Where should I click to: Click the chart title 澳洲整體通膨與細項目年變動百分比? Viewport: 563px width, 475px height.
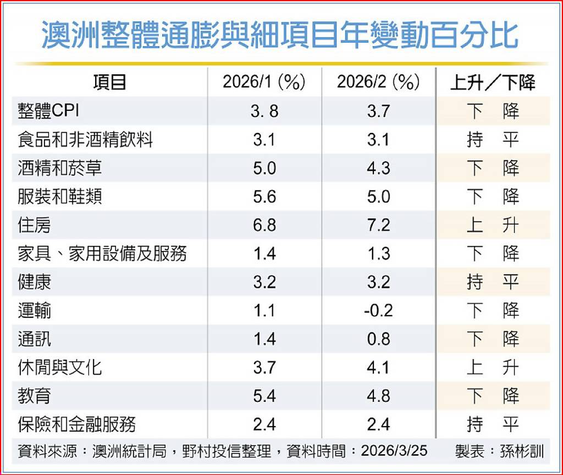(x=280, y=35)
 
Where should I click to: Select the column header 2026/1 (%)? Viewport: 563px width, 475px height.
(x=264, y=82)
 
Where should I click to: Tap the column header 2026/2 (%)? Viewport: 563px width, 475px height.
(x=378, y=82)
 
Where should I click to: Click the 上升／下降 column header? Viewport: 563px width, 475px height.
(x=493, y=82)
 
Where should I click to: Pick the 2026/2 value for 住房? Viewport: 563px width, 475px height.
(x=378, y=225)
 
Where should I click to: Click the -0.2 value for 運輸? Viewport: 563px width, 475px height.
(x=378, y=310)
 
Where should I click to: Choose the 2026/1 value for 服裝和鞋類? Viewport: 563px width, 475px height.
(x=264, y=197)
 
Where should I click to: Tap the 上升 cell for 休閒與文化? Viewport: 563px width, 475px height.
(x=493, y=367)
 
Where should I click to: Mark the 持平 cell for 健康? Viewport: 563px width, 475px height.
(x=493, y=282)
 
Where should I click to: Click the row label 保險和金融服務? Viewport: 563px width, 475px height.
(x=76, y=424)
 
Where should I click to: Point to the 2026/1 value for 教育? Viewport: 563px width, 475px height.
(x=264, y=395)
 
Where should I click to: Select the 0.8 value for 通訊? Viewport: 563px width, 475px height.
(x=378, y=339)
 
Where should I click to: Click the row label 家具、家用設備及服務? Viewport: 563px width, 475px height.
(x=102, y=254)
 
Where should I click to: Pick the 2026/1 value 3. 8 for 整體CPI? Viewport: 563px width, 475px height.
(x=264, y=111)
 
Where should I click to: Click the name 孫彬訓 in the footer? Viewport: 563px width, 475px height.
(x=522, y=451)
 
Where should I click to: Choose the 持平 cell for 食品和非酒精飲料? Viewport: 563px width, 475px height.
(x=493, y=139)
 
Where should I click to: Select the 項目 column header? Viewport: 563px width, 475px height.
(x=109, y=82)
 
